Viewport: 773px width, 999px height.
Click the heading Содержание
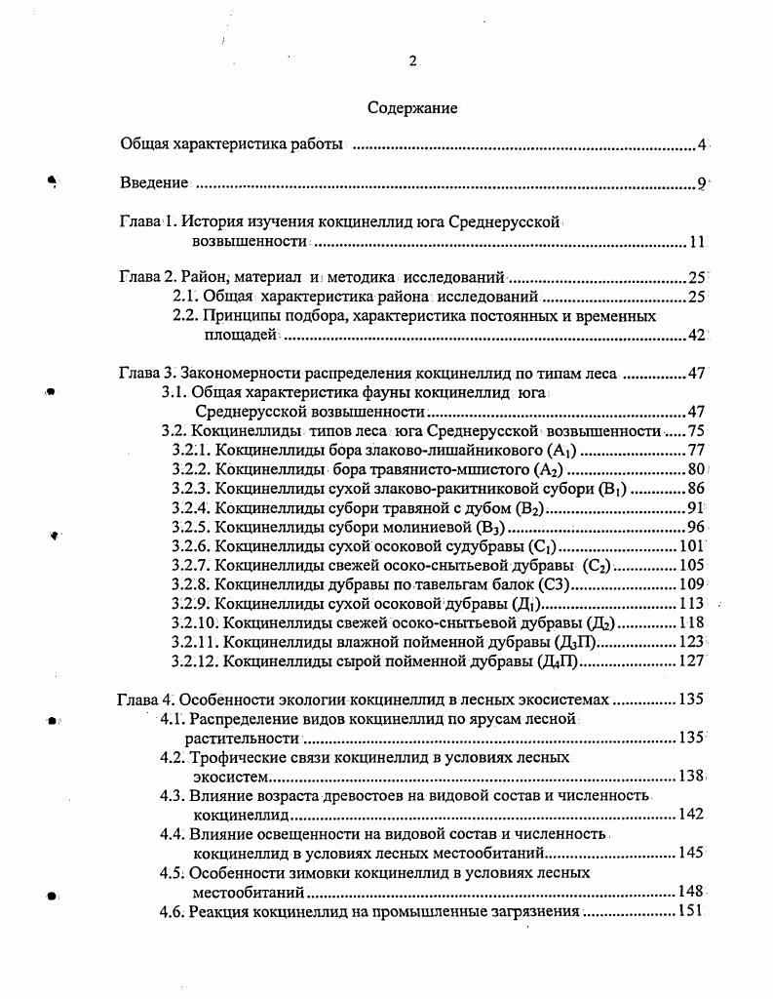pyautogui.click(x=412, y=108)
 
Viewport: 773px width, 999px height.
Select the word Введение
pyautogui.click(x=154, y=182)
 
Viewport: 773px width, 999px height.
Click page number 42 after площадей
pyautogui.click(x=695, y=335)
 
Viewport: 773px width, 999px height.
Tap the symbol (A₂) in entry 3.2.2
pyautogui.click(x=543, y=469)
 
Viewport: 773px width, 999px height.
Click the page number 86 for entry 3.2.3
pyautogui.click(x=695, y=489)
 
